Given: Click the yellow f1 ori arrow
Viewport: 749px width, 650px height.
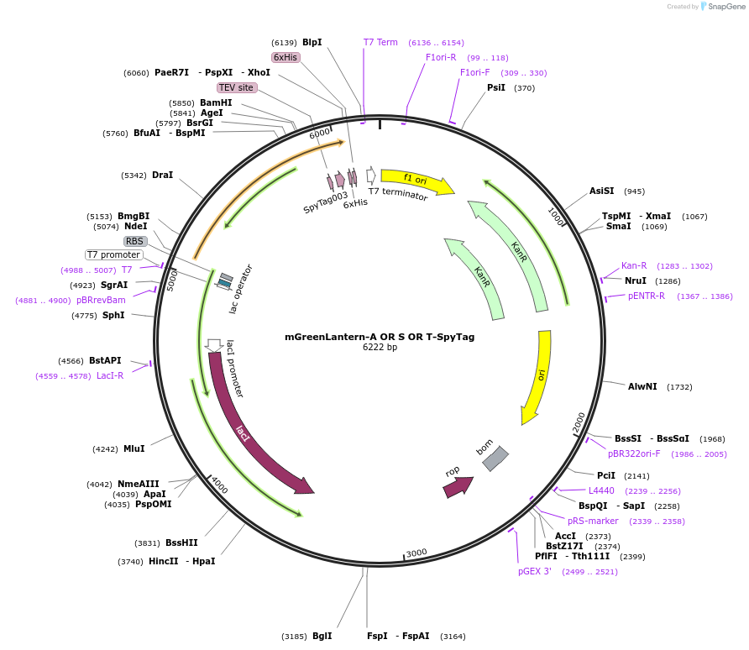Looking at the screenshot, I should tap(416, 180).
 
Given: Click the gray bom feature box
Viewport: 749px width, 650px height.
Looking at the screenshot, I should tap(495, 459).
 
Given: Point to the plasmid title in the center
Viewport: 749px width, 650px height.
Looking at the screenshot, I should tap(380, 337).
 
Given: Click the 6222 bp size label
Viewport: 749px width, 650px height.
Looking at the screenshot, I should tap(380, 348).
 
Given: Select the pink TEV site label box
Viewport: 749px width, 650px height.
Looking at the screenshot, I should tap(237, 87).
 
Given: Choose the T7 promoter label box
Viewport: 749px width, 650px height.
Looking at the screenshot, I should tap(114, 254).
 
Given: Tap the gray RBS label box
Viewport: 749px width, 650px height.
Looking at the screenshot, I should tap(135, 241).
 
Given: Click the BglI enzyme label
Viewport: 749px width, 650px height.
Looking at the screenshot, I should tap(322, 636).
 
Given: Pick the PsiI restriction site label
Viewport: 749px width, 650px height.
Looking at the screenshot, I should tap(496, 87).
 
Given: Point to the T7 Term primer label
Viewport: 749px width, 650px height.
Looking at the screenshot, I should tap(380, 42).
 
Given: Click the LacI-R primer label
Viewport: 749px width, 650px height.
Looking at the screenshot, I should tap(110, 375).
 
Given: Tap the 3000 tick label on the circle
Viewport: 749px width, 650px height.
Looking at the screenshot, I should tap(416, 553).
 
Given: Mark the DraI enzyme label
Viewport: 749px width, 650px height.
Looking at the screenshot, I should tap(162, 175).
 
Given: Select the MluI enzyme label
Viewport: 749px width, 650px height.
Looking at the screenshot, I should tap(134, 448).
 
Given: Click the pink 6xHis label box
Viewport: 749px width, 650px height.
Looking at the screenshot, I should tap(285, 57).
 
